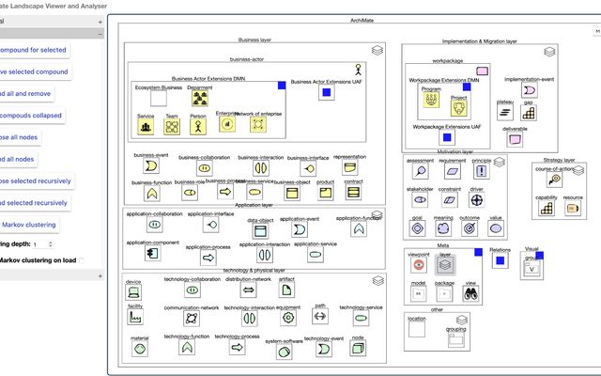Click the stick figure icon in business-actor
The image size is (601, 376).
click(357, 69)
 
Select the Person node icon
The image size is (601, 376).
click(198, 128)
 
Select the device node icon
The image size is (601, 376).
click(133, 291)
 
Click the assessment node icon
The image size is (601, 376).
click(418, 170)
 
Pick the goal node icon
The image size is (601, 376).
click(417, 227)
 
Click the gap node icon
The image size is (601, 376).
click(529, 113)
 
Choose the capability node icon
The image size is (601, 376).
click(546, 209)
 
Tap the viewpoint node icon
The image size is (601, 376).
click(418, 264)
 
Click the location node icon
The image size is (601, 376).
click(417, 329)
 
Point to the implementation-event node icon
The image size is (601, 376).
click(530, 91)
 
